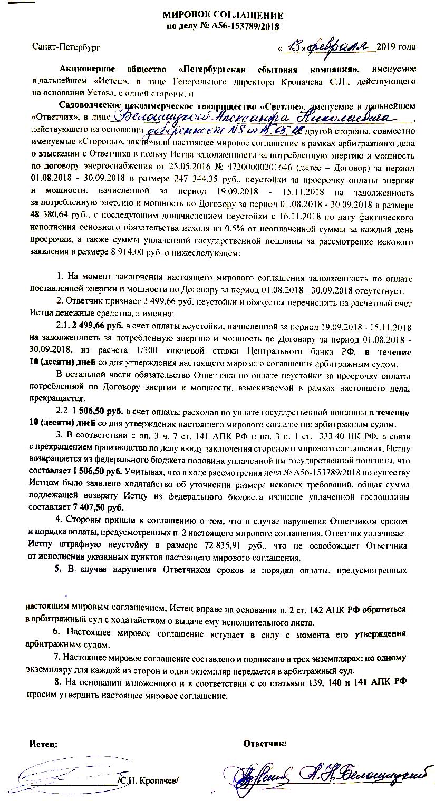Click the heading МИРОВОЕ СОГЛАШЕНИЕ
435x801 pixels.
point(222,15)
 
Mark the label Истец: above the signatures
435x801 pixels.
point(43,744)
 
